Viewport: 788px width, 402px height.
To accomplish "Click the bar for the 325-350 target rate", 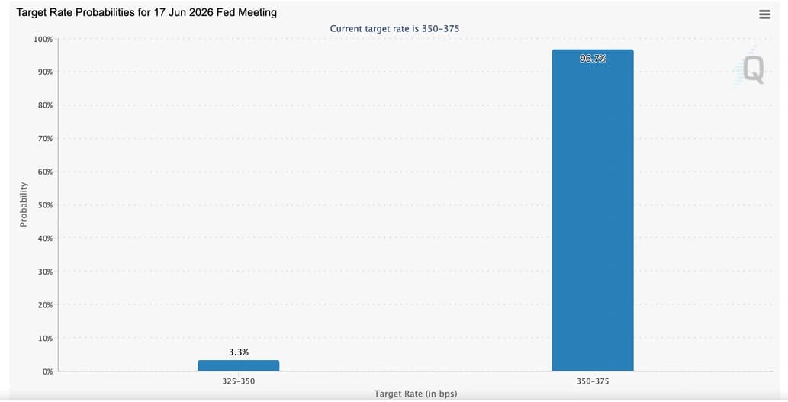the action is click(x=238, y=365).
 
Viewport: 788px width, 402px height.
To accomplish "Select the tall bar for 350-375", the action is click(x=593, y=210).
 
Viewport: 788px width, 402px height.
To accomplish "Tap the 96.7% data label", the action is click(x=593, y=59).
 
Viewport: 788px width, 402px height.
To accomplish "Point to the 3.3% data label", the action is click(x=238, y=352).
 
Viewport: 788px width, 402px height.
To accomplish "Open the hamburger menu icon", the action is click(x=764, y=14).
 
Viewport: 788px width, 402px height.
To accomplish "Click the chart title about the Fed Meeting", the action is click(x=146, y=12).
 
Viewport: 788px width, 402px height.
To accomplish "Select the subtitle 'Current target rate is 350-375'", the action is click(x=394, y=29).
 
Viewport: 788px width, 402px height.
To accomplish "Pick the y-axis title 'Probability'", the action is click(x=24, y=204).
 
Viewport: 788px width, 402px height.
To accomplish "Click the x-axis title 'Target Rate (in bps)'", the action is click(x=416, y=394).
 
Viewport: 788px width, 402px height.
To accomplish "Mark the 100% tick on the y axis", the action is click(x=43, y=39).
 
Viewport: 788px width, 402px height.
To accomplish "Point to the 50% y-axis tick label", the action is click(x=45, y=205).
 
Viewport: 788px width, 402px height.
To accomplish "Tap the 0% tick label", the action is click(x=47, y=371).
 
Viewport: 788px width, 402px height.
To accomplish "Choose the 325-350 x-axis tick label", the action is click(x=238, y=381).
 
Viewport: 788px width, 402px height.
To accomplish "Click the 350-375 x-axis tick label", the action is click(x=593, y=381).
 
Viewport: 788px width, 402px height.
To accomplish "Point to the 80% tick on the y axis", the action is click(x=45, y=105).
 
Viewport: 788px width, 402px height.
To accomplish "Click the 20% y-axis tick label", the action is click(x=45, y=305).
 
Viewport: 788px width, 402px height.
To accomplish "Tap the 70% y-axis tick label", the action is click(x=45, y=139).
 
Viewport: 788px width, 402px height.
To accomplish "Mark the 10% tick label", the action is click(x=45, y=338).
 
